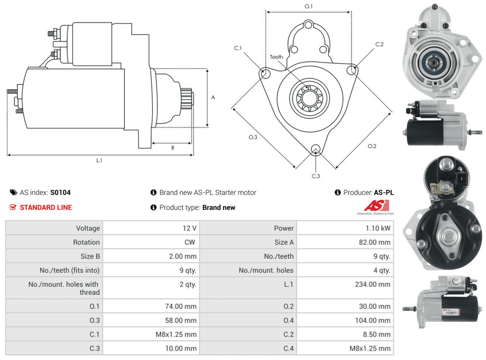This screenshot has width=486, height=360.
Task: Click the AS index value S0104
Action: [x=61, y=193]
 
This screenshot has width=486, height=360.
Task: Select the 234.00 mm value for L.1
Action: [x=373, y=285]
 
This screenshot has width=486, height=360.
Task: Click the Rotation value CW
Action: [x=191, y=242]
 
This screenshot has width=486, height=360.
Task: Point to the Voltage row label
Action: [x=88, y=228]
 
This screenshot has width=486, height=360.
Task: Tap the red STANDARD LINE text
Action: [x=46, y=208]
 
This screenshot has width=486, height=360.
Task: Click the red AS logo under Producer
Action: [x=372, y=205]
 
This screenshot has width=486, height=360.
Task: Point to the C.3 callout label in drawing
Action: [x=316, y=176]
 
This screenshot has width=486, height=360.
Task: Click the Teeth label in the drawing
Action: [x=277, y=57]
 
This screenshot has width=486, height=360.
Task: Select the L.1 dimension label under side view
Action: [x=99, y=160]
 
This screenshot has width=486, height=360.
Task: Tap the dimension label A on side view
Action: [x=213, y=97]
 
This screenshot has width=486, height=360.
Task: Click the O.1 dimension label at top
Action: [x=309, y=6]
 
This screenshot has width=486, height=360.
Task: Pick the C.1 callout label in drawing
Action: [x=238, y=48]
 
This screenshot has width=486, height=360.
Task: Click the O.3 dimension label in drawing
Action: [x=253, y=138]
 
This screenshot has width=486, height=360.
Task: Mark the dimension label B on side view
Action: [x=173, y=148]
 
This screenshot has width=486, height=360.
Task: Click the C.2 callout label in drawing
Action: [x=380, y=44]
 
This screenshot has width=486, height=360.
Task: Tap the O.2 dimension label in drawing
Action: [x=372, y=146]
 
